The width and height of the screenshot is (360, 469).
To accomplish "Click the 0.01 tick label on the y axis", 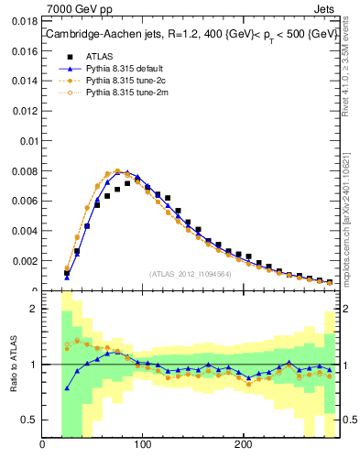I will (x=27, y=140).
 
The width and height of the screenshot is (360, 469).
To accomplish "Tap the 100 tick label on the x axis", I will (x=142, y=445).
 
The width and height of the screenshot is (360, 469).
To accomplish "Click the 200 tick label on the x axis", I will (x=243, y=445).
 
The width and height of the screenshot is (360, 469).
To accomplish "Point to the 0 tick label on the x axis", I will (x=42, y=445).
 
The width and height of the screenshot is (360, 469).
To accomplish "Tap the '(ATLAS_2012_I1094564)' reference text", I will (x=191, y=273).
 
